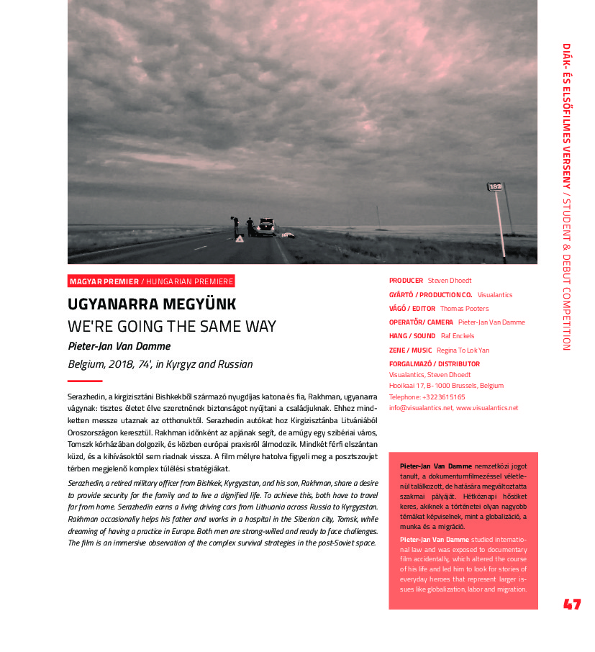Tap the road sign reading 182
495,186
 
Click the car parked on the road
266,227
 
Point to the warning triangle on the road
239,238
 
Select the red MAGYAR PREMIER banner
151,281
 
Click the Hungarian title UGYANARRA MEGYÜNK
152,304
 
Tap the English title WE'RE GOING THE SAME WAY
171,326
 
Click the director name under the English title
119,346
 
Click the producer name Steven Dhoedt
450,281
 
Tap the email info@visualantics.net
421,408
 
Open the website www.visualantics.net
487,408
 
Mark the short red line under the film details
85,381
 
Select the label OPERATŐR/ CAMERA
421,322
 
